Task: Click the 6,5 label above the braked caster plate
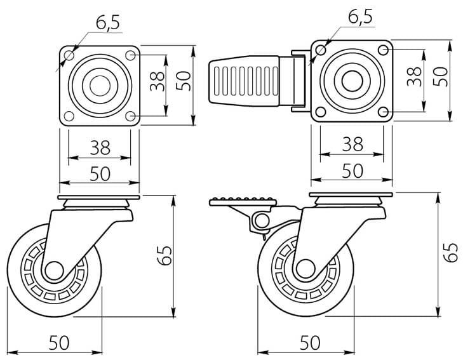pos(359,17)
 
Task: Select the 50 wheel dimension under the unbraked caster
pos(58,343)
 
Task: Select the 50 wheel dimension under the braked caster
pos(309,343)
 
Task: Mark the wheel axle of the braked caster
pos(305,269)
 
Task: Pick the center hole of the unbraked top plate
pos(98,86)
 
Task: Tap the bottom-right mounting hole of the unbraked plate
pos(131,117)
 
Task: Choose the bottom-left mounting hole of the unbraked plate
pos(67,117)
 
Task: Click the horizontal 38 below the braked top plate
pos(352,144)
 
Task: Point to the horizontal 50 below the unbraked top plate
pos(99,173)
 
